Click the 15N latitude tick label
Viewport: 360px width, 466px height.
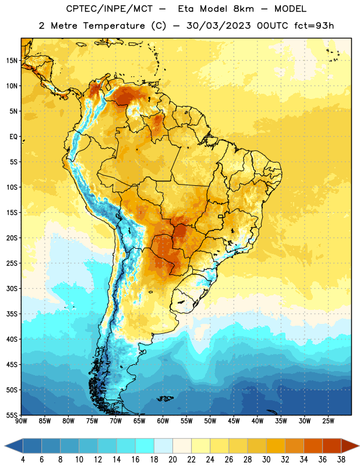click(x=12, y=61)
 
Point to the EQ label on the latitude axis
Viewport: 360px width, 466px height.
click(x=13, y=137)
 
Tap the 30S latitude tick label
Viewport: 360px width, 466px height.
click(x=12, y=288)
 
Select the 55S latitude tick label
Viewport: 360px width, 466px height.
click(x=12, y=415)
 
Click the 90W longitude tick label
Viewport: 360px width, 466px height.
click(x=21, y=421)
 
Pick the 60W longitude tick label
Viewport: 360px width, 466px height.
click(x=163, y=421)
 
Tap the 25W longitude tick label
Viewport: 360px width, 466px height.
click(x=328, y=421)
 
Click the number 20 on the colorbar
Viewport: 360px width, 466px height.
click(x=172, y=460)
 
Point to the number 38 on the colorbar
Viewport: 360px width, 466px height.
click(x=341, y=460)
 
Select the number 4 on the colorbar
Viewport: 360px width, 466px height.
click(x=23, y=460)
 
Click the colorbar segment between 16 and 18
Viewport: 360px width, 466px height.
click(x=144, y=446)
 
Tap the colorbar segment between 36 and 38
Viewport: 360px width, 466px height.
click(x=332, y=446)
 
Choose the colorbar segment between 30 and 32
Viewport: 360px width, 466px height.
click(x=276, y=446)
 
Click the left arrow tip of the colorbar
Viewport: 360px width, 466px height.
click(x=5, y=446)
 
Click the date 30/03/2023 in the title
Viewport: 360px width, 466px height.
click(x=218, y=26)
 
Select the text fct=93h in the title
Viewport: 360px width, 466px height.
click(x=314, y=26)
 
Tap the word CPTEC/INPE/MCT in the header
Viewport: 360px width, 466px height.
click(x=110, y=9)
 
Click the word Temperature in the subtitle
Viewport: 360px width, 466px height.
click(x=114, y=26)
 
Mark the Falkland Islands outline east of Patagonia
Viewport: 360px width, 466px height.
click(x=165, y=398)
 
